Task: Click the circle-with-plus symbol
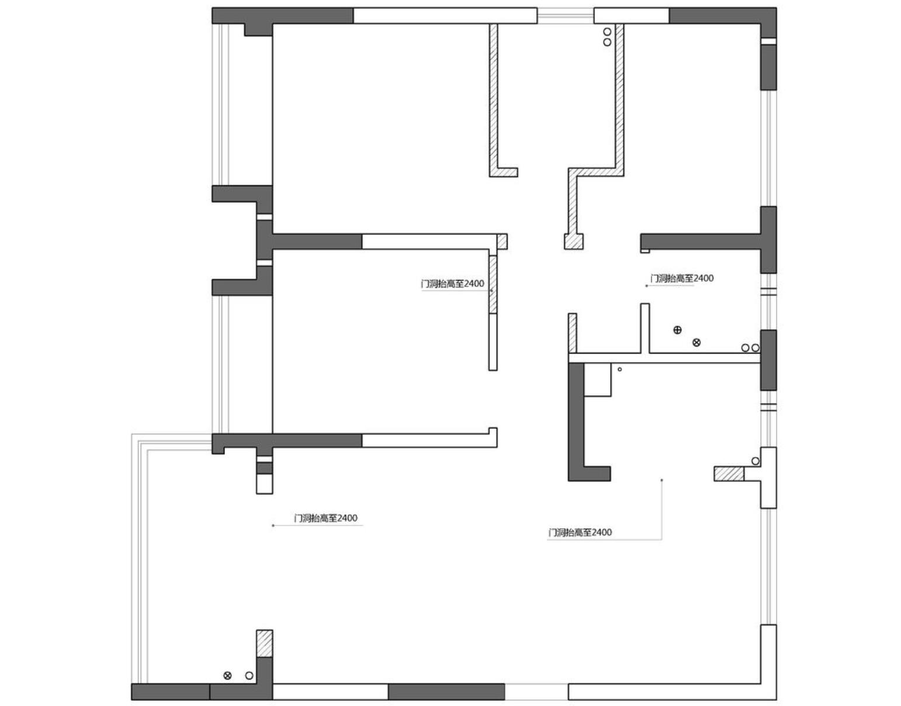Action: pos(677,330)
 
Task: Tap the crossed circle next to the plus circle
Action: pos(696,342)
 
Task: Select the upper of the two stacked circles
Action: pos(607,32)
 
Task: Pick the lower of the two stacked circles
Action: pos(607,42)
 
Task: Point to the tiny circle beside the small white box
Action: pos(619,369)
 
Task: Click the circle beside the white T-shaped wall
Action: pos(755,461)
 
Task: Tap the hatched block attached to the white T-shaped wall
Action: pos(729,474)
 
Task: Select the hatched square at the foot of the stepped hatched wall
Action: pos(573,241)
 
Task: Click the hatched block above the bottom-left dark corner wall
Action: pos(264,643)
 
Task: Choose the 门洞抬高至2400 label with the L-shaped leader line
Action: pos(580,532)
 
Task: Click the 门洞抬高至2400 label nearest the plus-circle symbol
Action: pos(682,278)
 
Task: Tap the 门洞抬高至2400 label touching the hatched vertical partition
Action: pos(452,283)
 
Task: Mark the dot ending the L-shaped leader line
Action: pos(661,480)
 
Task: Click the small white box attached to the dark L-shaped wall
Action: pos(598,379)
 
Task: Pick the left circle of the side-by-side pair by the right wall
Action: pos(744,348)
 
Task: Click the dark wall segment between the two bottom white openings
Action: pos(446,692)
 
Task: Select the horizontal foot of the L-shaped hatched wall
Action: pos(503,172)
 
